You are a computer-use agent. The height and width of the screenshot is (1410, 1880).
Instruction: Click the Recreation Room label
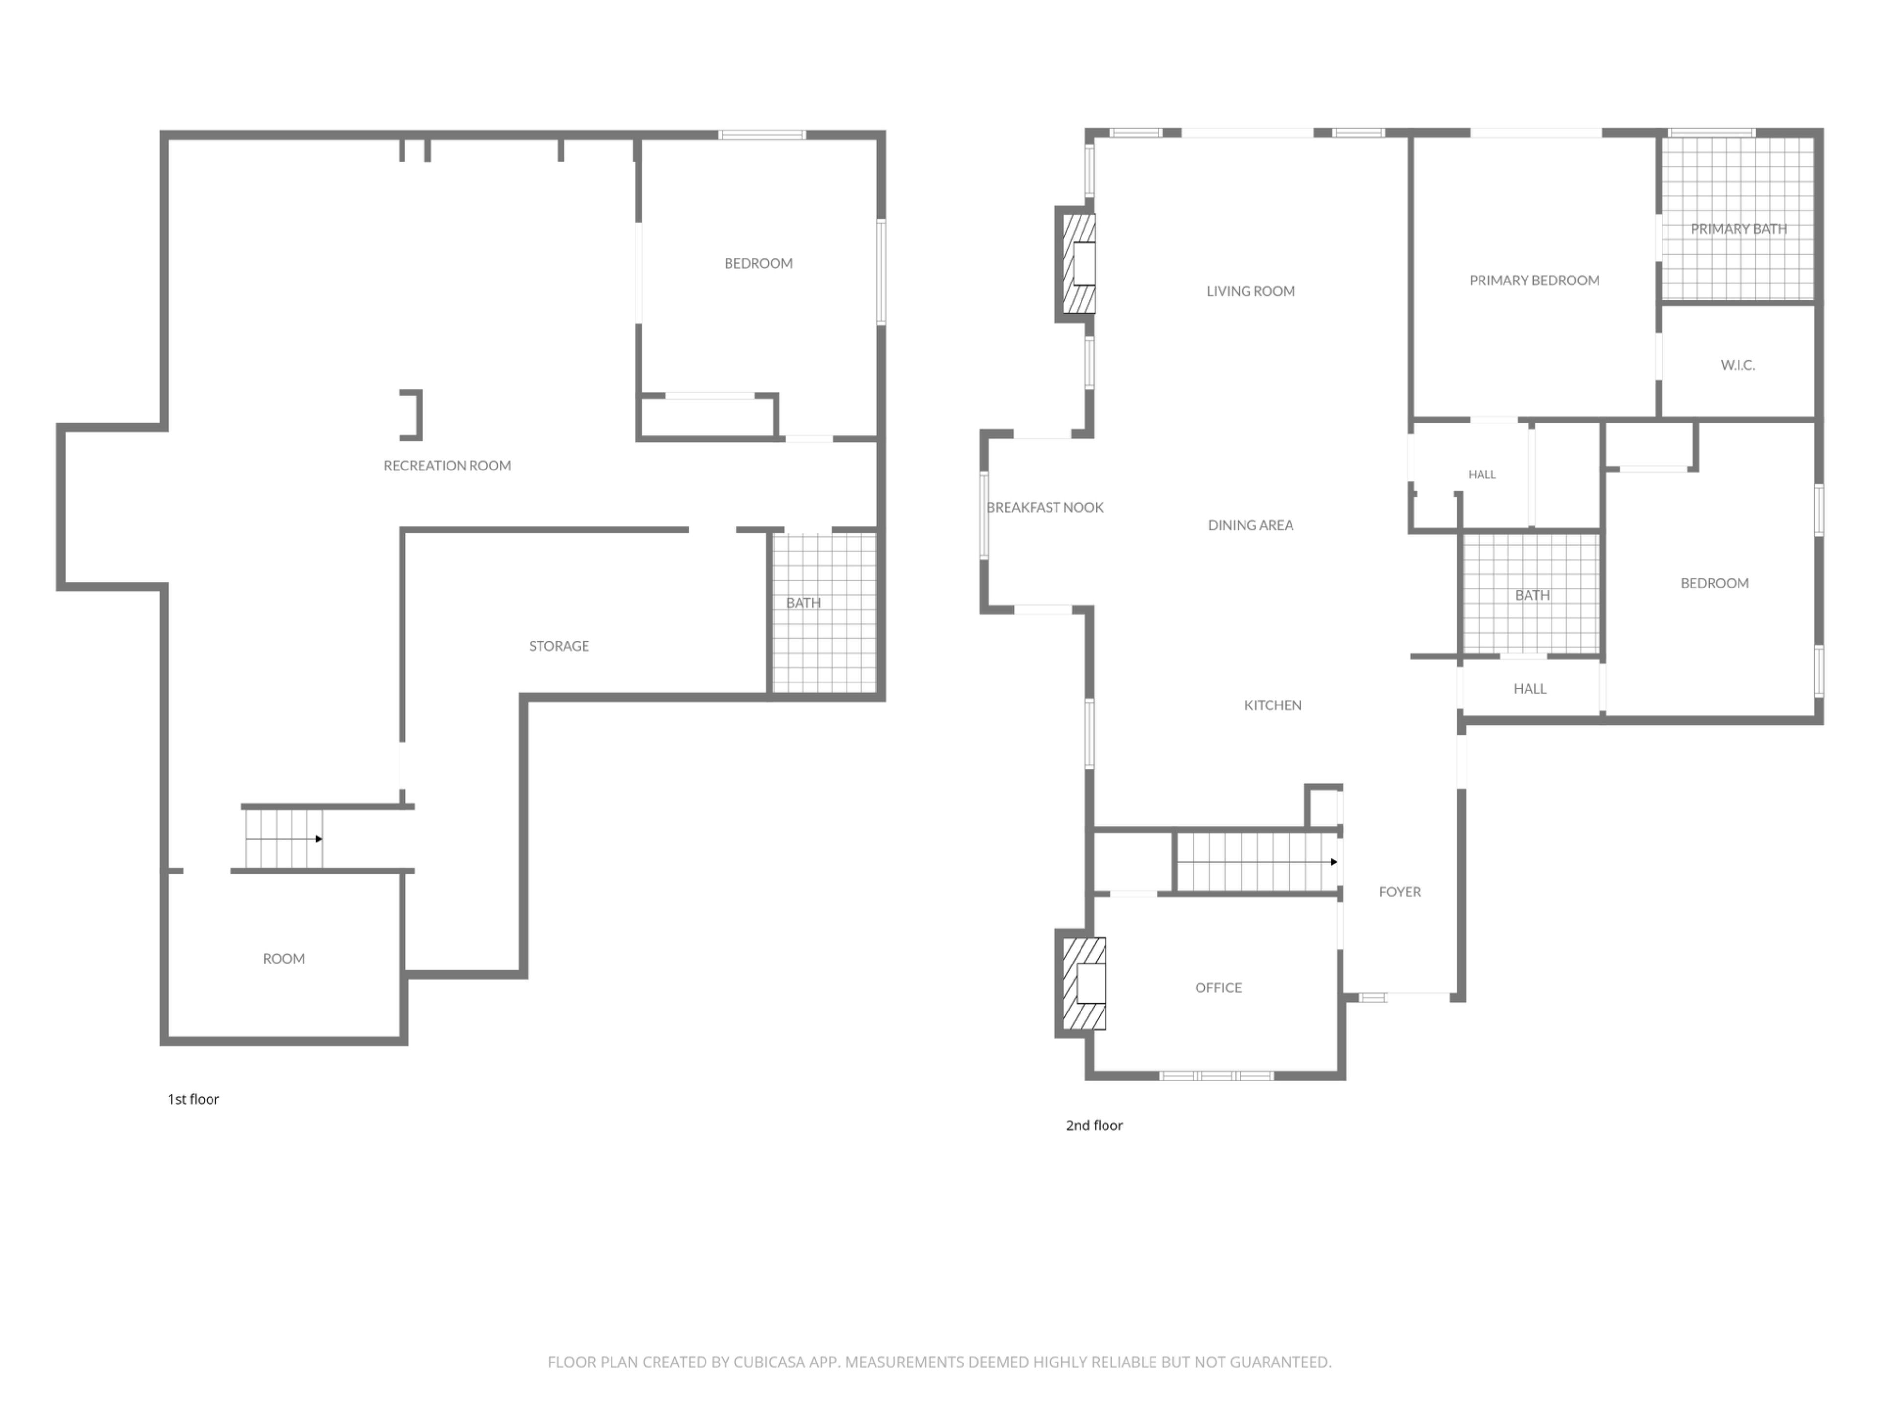click(447, 466)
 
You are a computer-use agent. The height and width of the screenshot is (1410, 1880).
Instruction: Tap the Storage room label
click(559, 646)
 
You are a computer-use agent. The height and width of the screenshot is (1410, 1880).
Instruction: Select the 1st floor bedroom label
click(758, 263)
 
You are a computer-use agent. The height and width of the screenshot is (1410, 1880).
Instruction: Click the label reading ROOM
click(284, 959)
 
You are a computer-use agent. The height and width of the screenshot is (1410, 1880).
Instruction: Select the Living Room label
click(1250, 291)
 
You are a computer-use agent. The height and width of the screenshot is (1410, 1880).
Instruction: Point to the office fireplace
click(1084, 984)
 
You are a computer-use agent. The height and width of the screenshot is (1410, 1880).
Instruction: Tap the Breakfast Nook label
click(1045, 507)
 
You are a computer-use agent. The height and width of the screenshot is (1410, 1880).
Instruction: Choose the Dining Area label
click(1250, 525)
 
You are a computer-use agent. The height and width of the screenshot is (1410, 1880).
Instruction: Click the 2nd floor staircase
click(1256, 862)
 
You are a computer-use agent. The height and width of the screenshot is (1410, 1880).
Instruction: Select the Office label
click(1218, 987)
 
